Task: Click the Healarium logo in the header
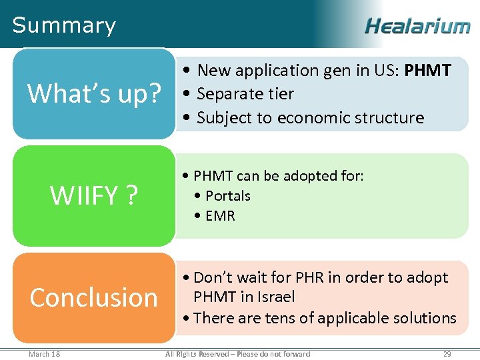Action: [417, 26]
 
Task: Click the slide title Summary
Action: [64, 25]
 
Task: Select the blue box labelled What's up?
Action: [94, 94]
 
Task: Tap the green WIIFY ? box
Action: [94, 195]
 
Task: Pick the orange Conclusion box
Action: [94, 297]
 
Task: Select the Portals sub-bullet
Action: [228, 196]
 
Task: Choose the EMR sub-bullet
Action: [220, 216]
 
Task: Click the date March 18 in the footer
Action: [44, 353]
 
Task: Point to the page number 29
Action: [447, 353]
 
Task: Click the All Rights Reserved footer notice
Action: [238, 353]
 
